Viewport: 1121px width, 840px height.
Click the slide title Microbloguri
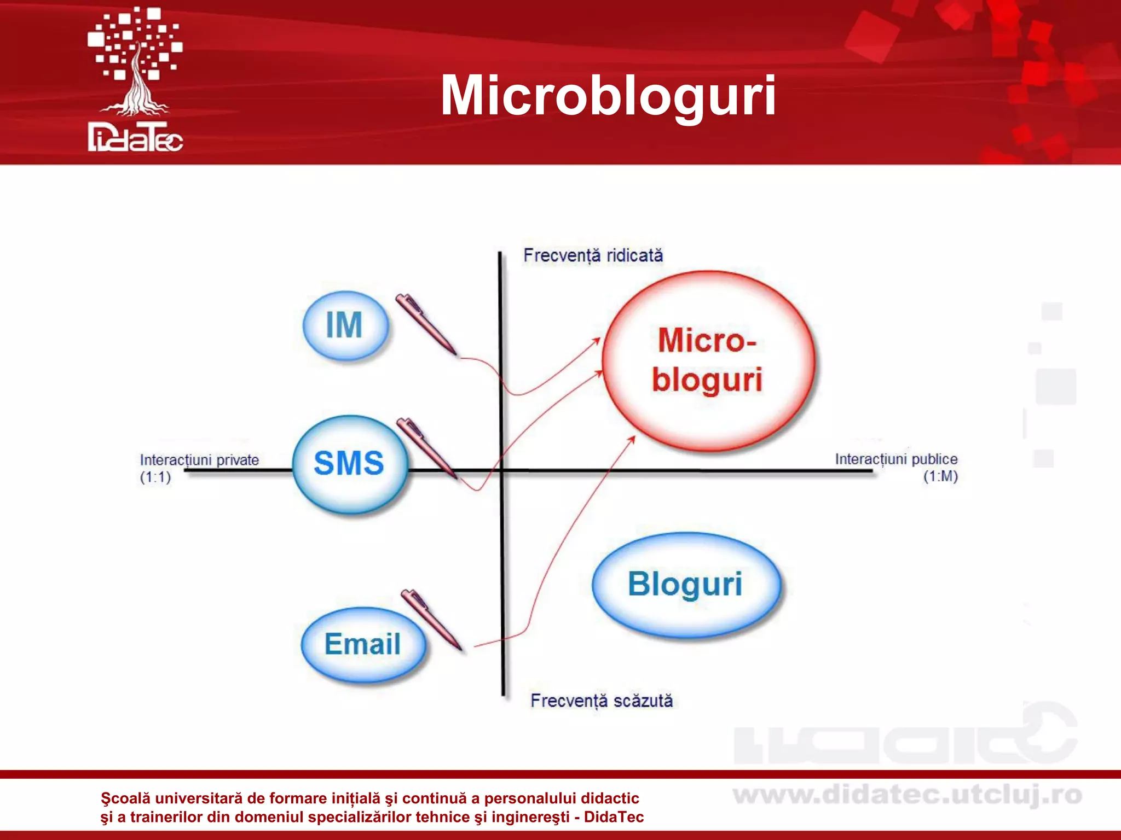pos(608,96)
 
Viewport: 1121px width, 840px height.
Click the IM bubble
pos(345,325)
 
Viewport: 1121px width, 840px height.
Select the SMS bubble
pos(349,464)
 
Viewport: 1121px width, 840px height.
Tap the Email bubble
pos(362,644)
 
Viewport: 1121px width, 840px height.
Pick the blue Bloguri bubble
pos(685,584)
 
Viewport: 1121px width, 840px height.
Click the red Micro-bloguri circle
pos(708,361)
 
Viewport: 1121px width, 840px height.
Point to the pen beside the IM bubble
pos(426,324)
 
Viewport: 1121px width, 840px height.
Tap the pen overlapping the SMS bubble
pos(426,447)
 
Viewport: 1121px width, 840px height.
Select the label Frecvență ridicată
pos(593,255)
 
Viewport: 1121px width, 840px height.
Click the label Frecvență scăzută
pos(601,701)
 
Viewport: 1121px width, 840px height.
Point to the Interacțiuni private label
pos(199,460)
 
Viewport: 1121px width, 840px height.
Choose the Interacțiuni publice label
pos(896,459)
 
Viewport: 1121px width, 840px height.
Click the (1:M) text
pos(940,476)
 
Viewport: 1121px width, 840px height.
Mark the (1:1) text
pos(155,477)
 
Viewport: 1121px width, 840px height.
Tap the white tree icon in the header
pos(135,60)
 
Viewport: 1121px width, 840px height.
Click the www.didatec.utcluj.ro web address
pos(907,795)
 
